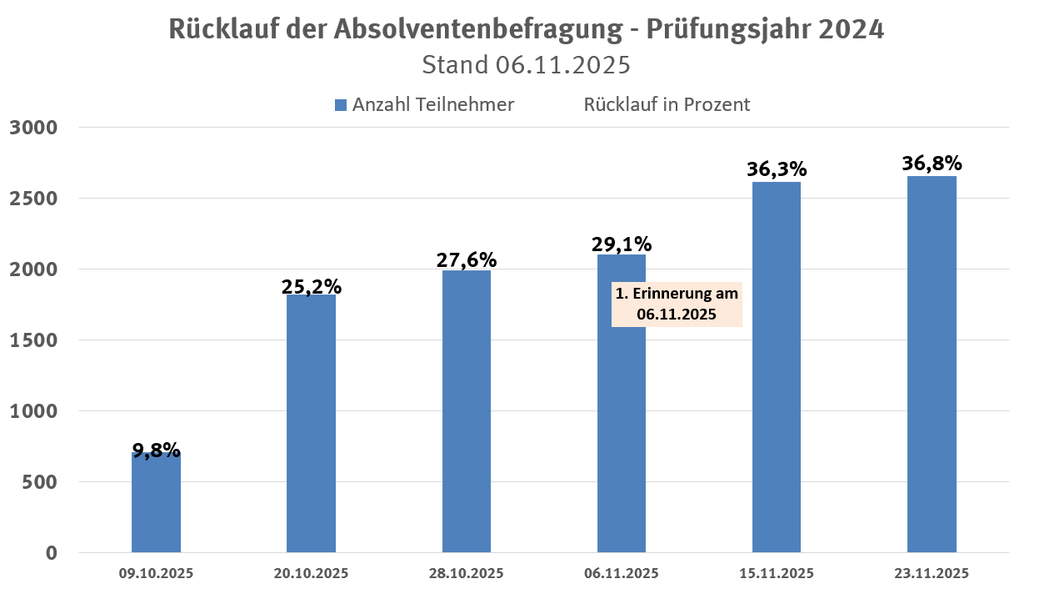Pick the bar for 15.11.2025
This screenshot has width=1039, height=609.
click(777, 367)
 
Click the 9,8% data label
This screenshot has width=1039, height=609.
click(156, 450)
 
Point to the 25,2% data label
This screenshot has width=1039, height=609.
click(311, 286)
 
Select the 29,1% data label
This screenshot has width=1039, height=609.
click(622, 244)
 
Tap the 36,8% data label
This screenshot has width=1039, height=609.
click(932, 163)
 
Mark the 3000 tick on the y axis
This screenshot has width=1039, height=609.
click(33, 128)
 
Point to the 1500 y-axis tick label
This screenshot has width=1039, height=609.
click(33, 340)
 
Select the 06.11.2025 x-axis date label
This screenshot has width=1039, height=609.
click(622, 574)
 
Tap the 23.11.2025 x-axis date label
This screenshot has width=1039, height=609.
click(932, 574)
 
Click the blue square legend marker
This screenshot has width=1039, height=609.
click(340, 105)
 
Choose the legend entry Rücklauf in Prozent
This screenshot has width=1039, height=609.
click(667, 105)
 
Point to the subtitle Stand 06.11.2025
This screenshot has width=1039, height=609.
click(526, 64)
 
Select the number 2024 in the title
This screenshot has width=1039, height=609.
click(851, 29)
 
